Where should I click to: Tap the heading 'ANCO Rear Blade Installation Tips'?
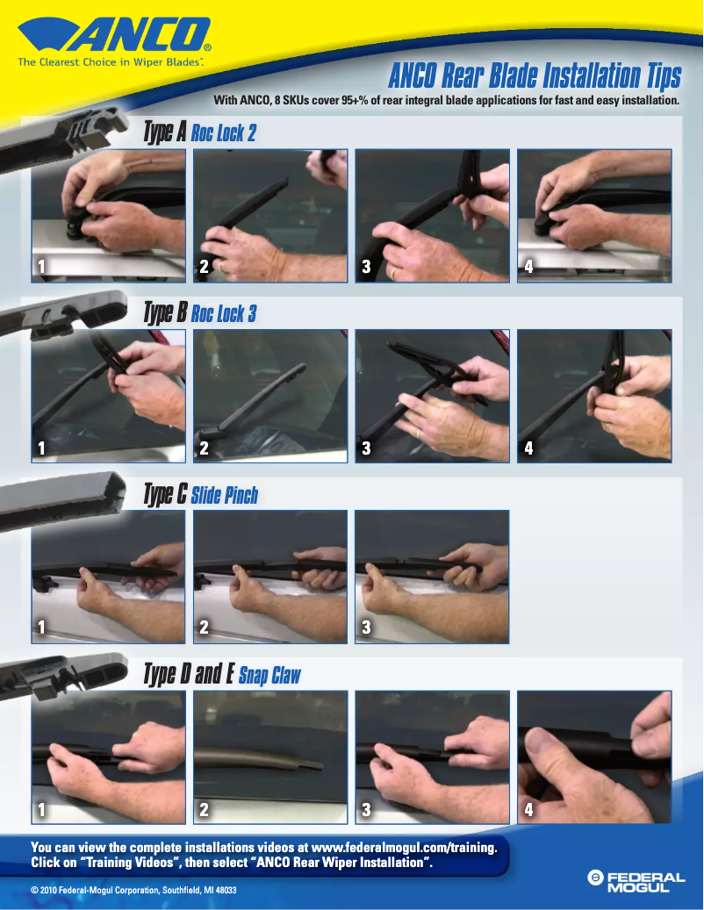tap(534, 77)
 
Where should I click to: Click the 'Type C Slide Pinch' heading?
tap(200, 495)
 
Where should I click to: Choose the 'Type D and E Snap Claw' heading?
tap(221, 675)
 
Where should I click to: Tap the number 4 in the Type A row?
tap(528, 268)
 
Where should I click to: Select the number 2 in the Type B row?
tap(204, 448)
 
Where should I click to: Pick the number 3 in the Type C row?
tap(366, 628)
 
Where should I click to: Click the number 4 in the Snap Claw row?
tap(528, 809)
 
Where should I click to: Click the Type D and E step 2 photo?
tap(269, 756)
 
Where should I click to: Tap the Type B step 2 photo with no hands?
tap(269, 395)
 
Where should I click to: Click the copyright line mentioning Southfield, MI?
tap(133, 891)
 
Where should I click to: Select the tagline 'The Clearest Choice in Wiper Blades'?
tap(110, 62)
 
